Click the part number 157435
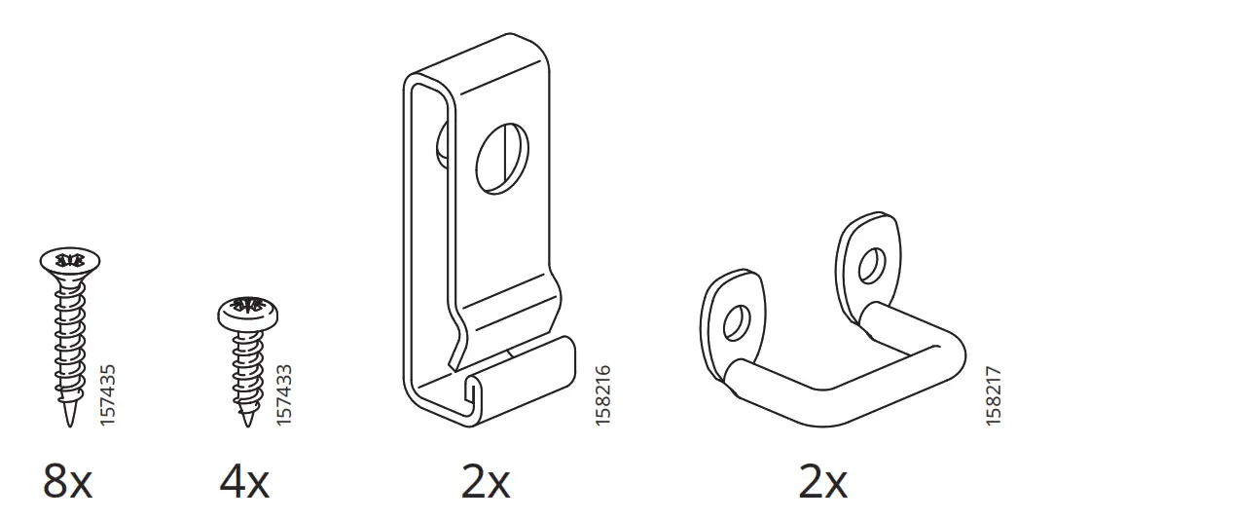pyautogui.click(x=108, y=393)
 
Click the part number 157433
pyautogui.click(x=283, y=393)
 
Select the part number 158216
pyautogui.click(x=602, y=393)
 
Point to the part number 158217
pyautogui.click(x=993, y=393)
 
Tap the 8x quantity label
pyautogui.click(x=67, y=481)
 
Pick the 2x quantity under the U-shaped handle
pyautogui.click(x=822, y=481)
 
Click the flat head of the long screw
pyautogui.click(x=70, y=261)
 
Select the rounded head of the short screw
pyautogui.click(x=245, y=310)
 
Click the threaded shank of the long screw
pyautogui.click(x=70, y=341)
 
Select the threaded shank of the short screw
pyautogui.click(x=246, y=370)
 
